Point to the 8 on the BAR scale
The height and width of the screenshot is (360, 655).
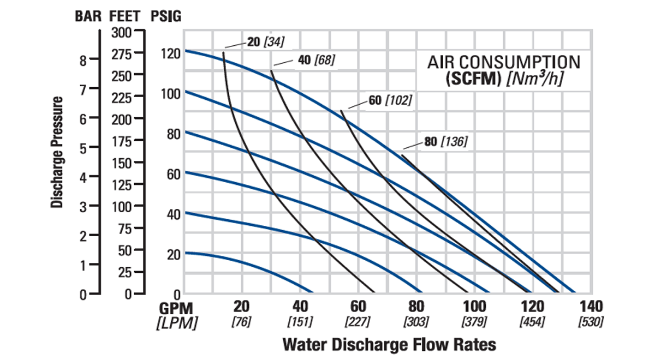tap(82, 61)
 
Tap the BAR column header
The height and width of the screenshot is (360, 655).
tap(88, 16)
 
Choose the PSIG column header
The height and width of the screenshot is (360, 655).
tap(165, 16)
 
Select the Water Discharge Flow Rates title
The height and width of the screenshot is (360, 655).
tap(389, 345)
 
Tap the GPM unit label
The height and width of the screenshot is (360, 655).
tap(176, 307)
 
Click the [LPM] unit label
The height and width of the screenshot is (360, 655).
tap(176, 322)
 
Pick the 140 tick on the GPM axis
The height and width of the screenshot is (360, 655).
tap(591, 306)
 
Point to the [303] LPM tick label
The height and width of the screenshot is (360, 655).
tap(415, 322)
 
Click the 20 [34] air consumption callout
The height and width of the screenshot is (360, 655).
tap(266, 41)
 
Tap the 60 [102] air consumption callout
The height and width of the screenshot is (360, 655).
tap(390, 100)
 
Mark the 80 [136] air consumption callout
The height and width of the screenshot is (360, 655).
tap(445, 142)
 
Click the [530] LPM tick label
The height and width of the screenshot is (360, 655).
tap(591, 322)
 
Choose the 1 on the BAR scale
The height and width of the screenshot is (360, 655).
tap(82, 266)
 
